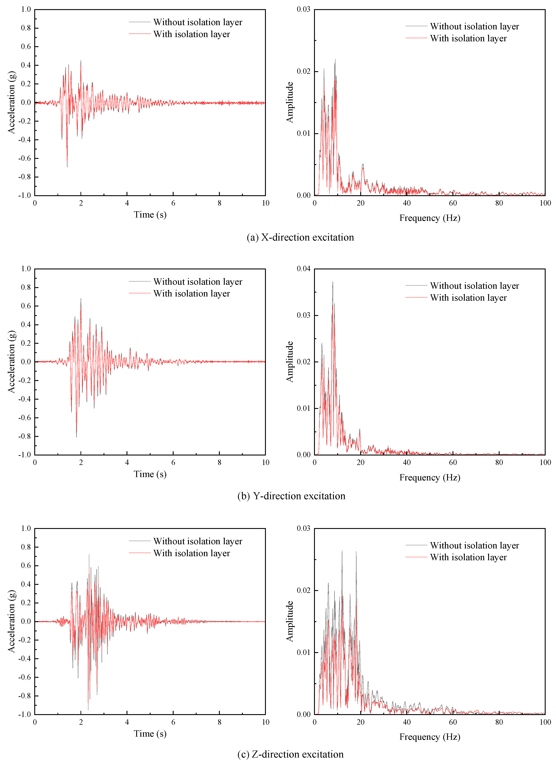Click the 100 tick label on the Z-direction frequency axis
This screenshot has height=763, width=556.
(x=545, y=722)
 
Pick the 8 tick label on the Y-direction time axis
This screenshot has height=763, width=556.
(x=219, y=463)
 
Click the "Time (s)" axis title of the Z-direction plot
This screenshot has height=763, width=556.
(x=150, y=734)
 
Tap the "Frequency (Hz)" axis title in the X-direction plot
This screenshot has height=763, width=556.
(x=429, y=218)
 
